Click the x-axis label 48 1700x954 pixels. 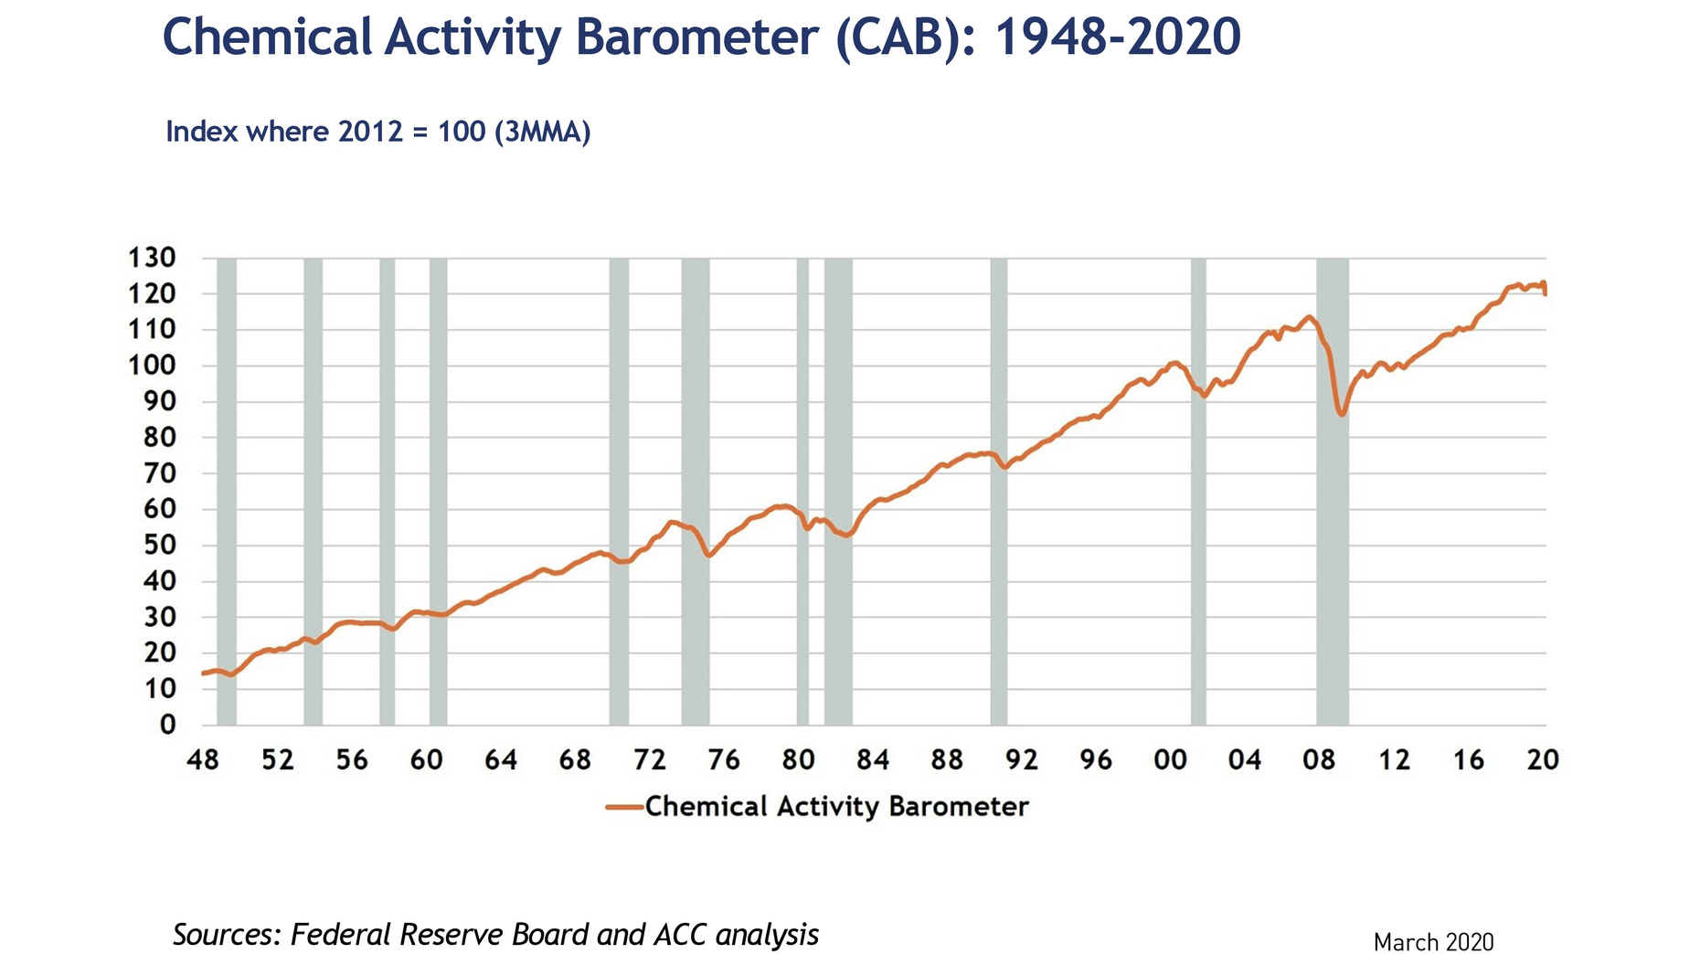(203, 760)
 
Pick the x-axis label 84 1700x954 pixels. (873, 760)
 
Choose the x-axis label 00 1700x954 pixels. (1171, 760)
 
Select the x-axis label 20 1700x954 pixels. (1543, 760)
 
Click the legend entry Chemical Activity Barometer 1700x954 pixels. (836, 806)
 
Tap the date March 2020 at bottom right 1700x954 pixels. (1433, 942)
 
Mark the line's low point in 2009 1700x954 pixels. (1342, 415)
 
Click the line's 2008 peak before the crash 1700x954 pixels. (1310, 317)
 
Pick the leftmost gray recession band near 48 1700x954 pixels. (227, 493)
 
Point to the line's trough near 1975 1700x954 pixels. (708, 555)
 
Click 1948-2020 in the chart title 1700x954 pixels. (1117, 38)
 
